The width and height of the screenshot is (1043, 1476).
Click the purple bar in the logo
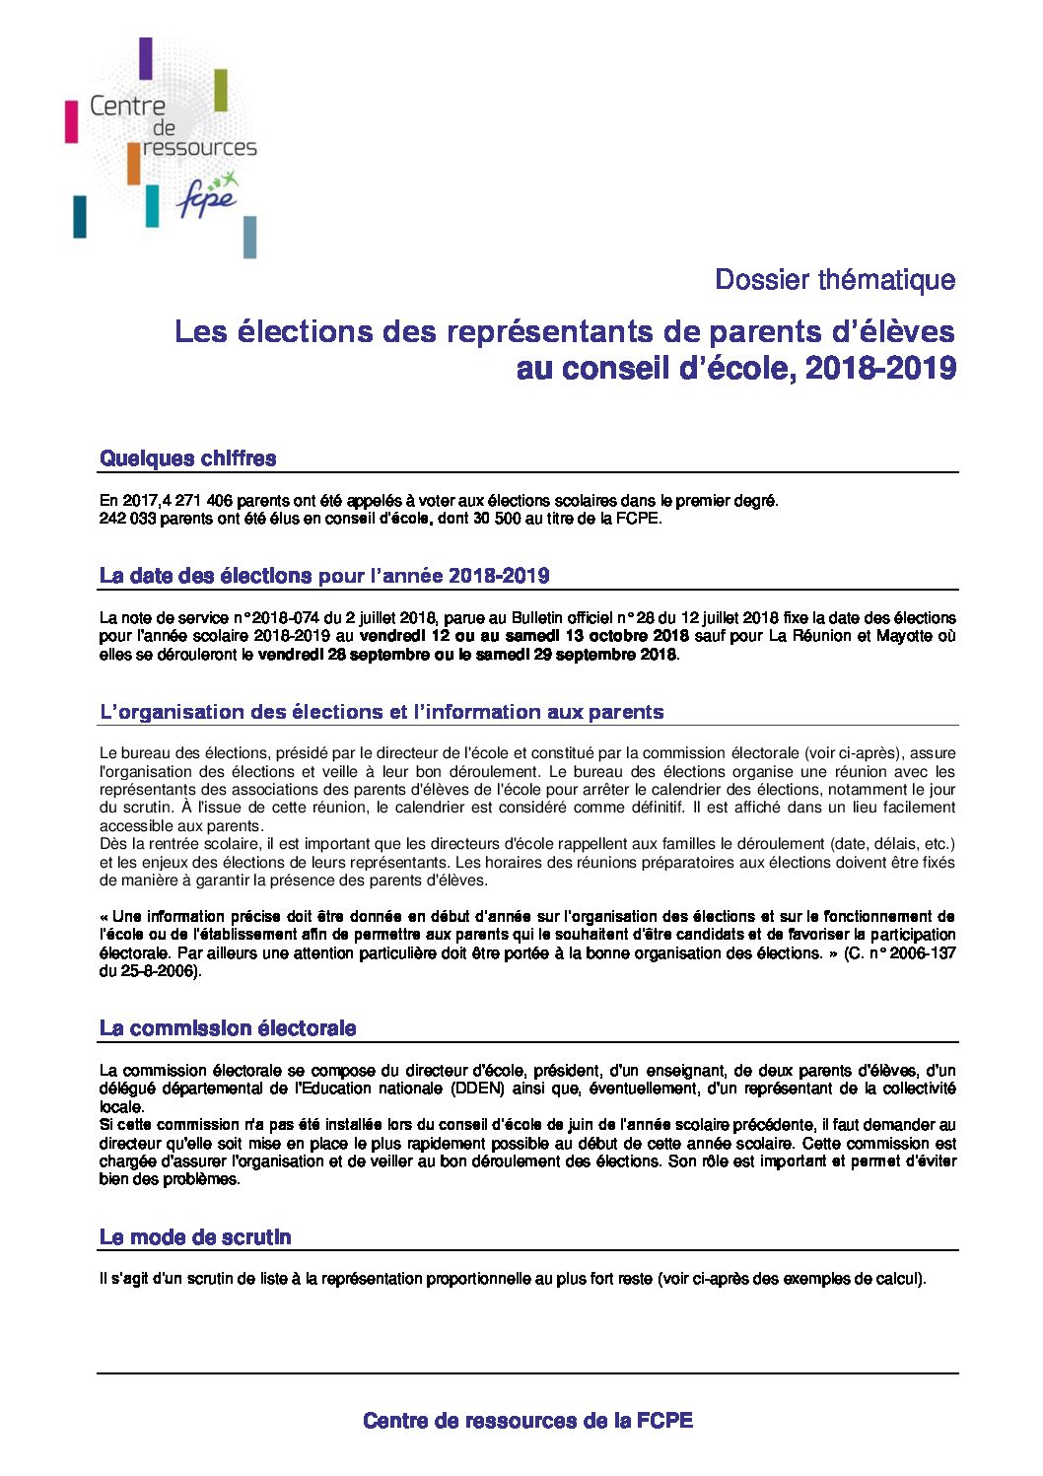[x=146, y=58]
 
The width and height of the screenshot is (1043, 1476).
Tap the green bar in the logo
[x=221, y=91]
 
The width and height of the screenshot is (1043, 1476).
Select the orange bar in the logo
[x=133, y=164]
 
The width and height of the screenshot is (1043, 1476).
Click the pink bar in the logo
[x=71, y=121]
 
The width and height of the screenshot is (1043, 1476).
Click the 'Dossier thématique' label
[x=834, y=280]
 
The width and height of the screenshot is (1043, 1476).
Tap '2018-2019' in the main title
[x=880, y=369]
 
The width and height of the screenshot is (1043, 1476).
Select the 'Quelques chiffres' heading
[x=187, y=458]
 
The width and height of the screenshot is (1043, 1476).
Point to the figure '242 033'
[x=128, y=519]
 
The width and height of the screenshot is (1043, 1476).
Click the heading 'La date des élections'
[x=205, y=576]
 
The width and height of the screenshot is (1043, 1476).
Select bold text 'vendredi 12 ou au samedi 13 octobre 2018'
[x=524, y=636]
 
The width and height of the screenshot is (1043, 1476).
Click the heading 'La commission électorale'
[x=228, y=1028]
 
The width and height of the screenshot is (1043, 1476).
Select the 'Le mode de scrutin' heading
[x=195, y=1237]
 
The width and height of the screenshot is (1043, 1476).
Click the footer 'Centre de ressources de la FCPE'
[x=527, y=1421]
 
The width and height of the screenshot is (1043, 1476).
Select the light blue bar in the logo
[x=249, y=237]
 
